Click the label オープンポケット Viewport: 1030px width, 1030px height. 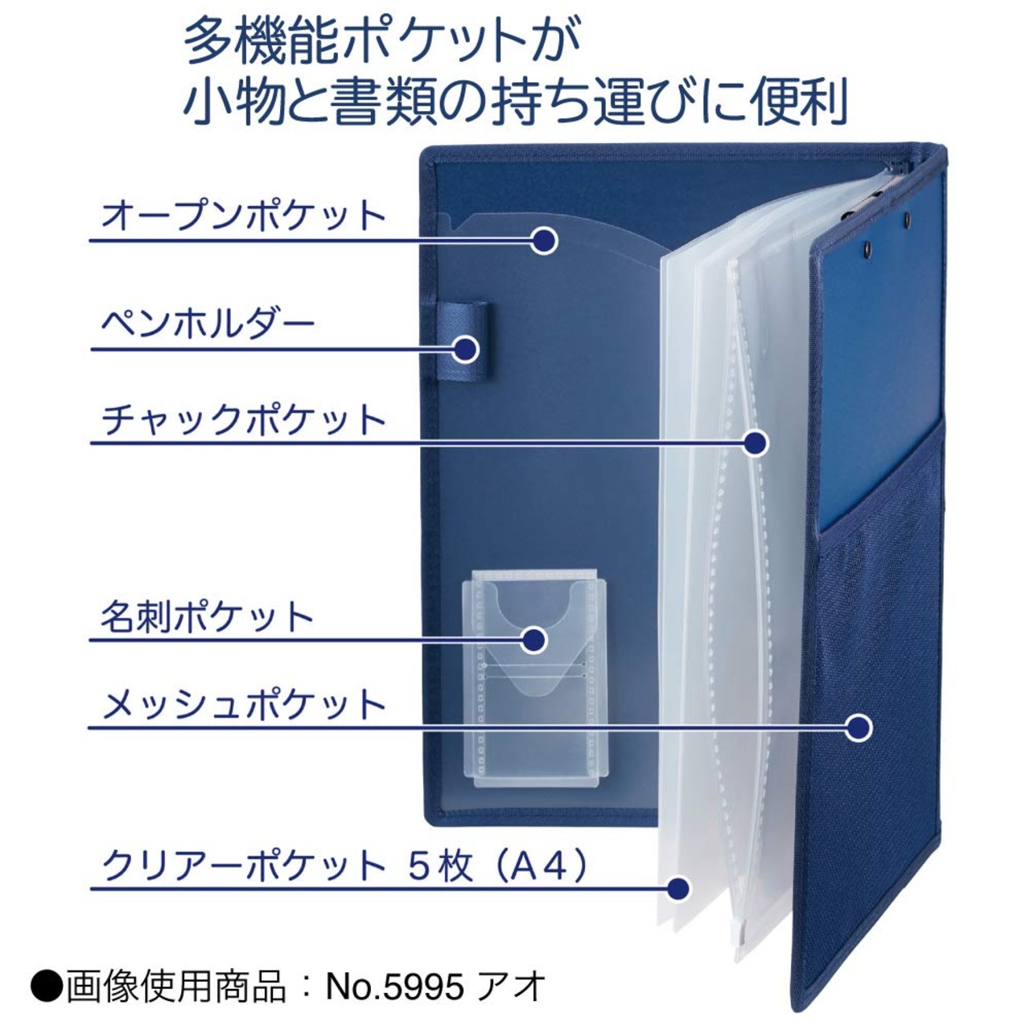243,215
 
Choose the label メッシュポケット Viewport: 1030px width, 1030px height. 243,704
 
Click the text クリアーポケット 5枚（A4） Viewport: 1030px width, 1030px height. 344,867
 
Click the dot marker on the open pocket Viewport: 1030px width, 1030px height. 544,241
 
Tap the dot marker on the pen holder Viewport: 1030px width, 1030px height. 466,349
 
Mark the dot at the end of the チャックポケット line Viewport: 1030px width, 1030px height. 756,443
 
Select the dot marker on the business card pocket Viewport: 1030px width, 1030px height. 534,640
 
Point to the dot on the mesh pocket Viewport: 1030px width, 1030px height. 859,727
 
